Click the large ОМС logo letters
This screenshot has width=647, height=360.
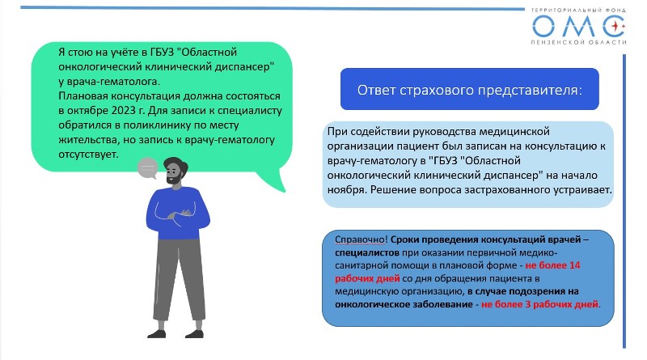coord(579,26)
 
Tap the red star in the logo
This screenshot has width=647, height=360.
coord(615,26)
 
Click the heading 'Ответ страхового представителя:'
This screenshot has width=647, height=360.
coord(470,90)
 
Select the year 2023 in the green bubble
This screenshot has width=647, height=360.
coord(123,111)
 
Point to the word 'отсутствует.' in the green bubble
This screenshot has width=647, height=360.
coord(88,154)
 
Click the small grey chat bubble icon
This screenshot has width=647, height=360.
coord(148,168)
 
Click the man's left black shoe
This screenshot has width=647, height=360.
coord(157,333)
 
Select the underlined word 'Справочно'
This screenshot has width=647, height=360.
coord(360,239)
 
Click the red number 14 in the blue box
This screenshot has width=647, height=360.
coord(574,265)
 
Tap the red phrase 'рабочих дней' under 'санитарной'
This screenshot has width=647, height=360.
coord(367,278)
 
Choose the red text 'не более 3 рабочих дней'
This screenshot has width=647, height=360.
coord(539,304)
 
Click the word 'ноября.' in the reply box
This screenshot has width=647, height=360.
coord(347,190)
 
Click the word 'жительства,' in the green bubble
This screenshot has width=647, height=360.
coord(89,139)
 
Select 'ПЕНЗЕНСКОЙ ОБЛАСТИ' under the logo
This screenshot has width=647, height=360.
coord(579,42)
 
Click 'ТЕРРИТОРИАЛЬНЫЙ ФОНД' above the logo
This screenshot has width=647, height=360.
coord(578,10)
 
